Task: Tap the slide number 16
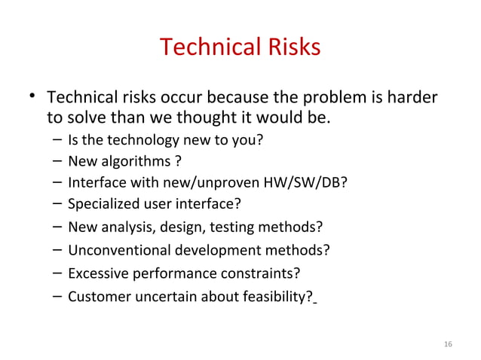click(x=449, y=344)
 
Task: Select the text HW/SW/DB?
click(x=315, y=182)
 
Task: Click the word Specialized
click(x=102, y=203)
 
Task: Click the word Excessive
click(x=95, y=273)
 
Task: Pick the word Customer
click(x=95, y=295)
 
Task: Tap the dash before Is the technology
click(x=58, y=140)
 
